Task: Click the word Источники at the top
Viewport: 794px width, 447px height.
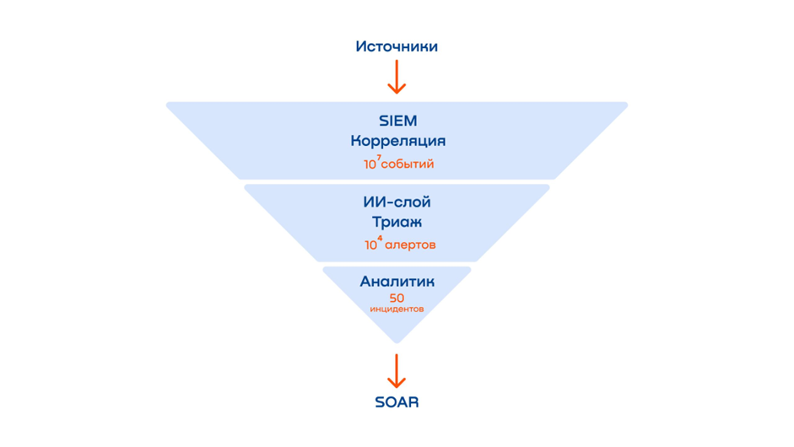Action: tap(397, 46)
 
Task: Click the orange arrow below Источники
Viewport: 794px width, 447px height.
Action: tap(397, 77)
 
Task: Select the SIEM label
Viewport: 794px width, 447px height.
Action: tap(397, 121)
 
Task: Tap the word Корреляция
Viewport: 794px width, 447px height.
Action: tap(397, 141)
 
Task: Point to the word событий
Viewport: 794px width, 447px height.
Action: tap(408, 164)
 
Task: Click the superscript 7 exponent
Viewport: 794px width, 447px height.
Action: tap(379, 158)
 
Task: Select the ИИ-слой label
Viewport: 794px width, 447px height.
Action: tap(397, 202)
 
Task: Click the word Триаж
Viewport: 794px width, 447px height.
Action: tap(397, 223)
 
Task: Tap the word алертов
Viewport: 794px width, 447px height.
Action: tap(411, 245)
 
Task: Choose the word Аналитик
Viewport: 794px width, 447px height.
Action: tap(397, 282)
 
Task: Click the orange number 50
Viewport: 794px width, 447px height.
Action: tap(397, 298)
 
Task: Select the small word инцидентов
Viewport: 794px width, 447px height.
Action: tap(397, 310)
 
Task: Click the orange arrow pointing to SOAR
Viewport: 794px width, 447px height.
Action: tap(397, 371)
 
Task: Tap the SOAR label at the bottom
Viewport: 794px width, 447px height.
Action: tap(397, 402)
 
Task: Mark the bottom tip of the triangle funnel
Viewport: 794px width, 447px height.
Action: tap(397, 342)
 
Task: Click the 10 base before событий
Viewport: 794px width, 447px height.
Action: tap(370, 164)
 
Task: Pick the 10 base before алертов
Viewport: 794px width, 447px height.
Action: tap(371, 246)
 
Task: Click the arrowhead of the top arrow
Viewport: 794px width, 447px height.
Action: tap(397, 89)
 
